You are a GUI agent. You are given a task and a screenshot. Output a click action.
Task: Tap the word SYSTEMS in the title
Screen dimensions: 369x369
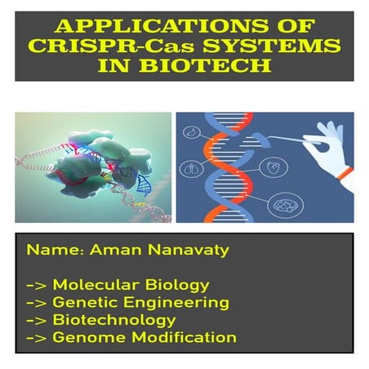click(272, 46)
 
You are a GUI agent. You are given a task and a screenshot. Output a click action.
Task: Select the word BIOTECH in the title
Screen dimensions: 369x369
click(206, 65)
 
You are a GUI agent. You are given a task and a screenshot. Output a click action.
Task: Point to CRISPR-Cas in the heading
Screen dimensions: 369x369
click(111, 46)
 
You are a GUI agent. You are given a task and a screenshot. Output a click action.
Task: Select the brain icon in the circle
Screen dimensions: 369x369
click(286, 205)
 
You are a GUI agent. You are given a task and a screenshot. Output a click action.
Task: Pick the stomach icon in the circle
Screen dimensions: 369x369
click(192, 131)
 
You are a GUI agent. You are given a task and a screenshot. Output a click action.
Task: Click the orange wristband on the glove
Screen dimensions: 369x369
click(345, 173)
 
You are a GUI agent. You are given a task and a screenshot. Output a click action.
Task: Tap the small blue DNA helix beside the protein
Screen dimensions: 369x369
click(143, 184)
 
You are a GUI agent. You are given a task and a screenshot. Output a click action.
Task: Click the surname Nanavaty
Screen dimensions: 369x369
click(189, 250)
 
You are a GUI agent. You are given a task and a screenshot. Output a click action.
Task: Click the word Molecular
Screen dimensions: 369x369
click(96, 284)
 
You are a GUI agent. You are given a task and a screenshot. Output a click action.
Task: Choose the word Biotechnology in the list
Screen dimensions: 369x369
click(114, 321)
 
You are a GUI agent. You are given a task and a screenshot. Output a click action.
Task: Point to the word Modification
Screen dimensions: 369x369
click(184, 337)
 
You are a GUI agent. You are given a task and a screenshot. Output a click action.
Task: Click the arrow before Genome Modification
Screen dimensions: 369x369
click(37, 338)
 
